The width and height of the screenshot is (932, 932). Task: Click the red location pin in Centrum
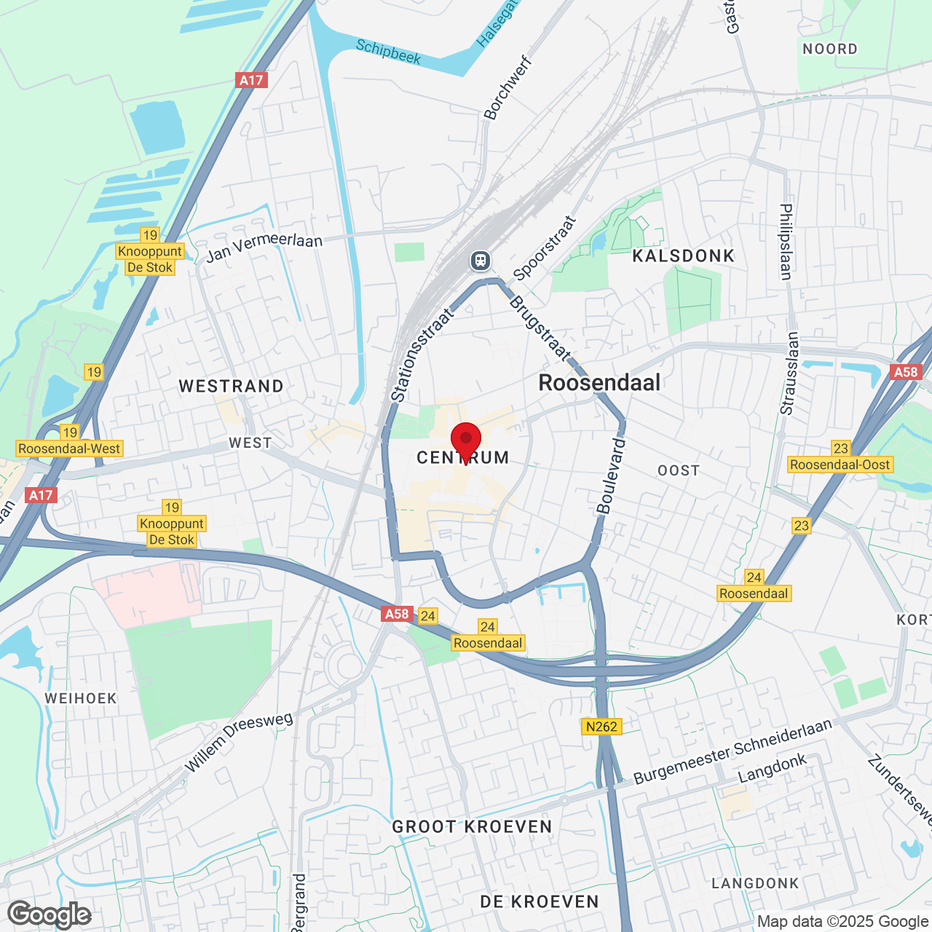pos(466,440)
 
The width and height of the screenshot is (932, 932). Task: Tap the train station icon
pos(480,260)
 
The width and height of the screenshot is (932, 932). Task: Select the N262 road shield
pos(601,726)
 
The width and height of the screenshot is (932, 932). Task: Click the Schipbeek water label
pos(388,52)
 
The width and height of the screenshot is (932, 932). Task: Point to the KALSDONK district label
pos(683,256)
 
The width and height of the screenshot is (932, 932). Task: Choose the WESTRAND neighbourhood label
pos(231,386)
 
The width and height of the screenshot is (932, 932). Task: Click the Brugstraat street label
pos(540,328)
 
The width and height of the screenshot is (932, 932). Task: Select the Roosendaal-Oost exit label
pos(840,465)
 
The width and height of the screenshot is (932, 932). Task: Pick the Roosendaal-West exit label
pos(69,449)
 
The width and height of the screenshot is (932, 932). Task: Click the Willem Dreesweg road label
pos(239,742)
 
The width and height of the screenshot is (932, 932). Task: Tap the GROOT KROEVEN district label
pos(472,826)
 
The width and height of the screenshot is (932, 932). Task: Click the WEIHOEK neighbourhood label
pos(81,698)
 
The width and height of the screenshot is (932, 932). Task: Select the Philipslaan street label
pos(786,241)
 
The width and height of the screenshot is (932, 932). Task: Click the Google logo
pos(49,915)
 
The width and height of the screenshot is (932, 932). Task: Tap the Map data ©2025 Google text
pos(842,921)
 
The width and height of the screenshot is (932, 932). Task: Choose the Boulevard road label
pos(610,476)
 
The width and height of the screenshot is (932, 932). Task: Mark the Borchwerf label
pos(508,88)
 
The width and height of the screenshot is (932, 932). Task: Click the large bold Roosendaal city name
pos(599,382)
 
